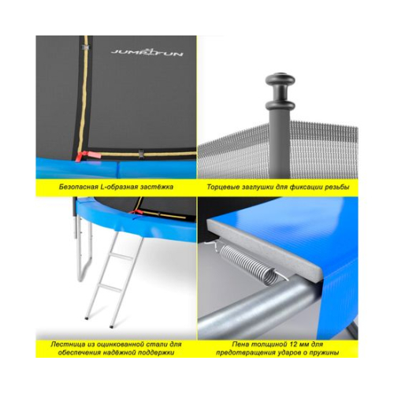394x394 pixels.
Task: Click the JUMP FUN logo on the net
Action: tap(147, 52)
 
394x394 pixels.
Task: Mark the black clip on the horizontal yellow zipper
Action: tap(141, 154)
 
